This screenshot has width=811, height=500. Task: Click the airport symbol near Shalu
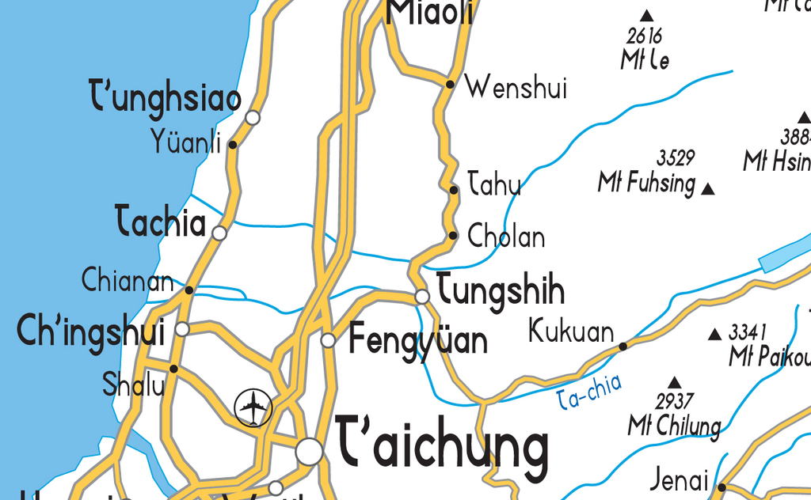coord(253,408)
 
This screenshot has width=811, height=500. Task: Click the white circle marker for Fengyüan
coord(329,340)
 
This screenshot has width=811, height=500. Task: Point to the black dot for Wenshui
coord(450,83)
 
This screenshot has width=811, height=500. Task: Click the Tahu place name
coord(494,185)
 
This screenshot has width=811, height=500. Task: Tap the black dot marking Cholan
coord(453,235)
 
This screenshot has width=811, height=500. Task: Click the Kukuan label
coord(570,331)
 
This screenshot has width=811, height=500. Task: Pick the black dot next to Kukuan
coord(623,346)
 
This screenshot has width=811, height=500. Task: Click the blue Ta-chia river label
coord(589,392)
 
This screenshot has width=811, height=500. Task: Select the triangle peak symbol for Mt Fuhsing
coord(708,189)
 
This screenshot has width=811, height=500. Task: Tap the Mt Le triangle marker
coord(647,15)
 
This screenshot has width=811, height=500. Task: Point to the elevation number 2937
coord(675,400)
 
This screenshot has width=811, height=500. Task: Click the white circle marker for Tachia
coord(219,233)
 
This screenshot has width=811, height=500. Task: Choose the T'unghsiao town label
coord(166,100)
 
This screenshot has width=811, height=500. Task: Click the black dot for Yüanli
coord(232,145)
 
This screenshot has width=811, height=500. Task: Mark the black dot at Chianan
coord(188,290)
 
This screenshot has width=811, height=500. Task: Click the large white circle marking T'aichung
coord(310,452)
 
